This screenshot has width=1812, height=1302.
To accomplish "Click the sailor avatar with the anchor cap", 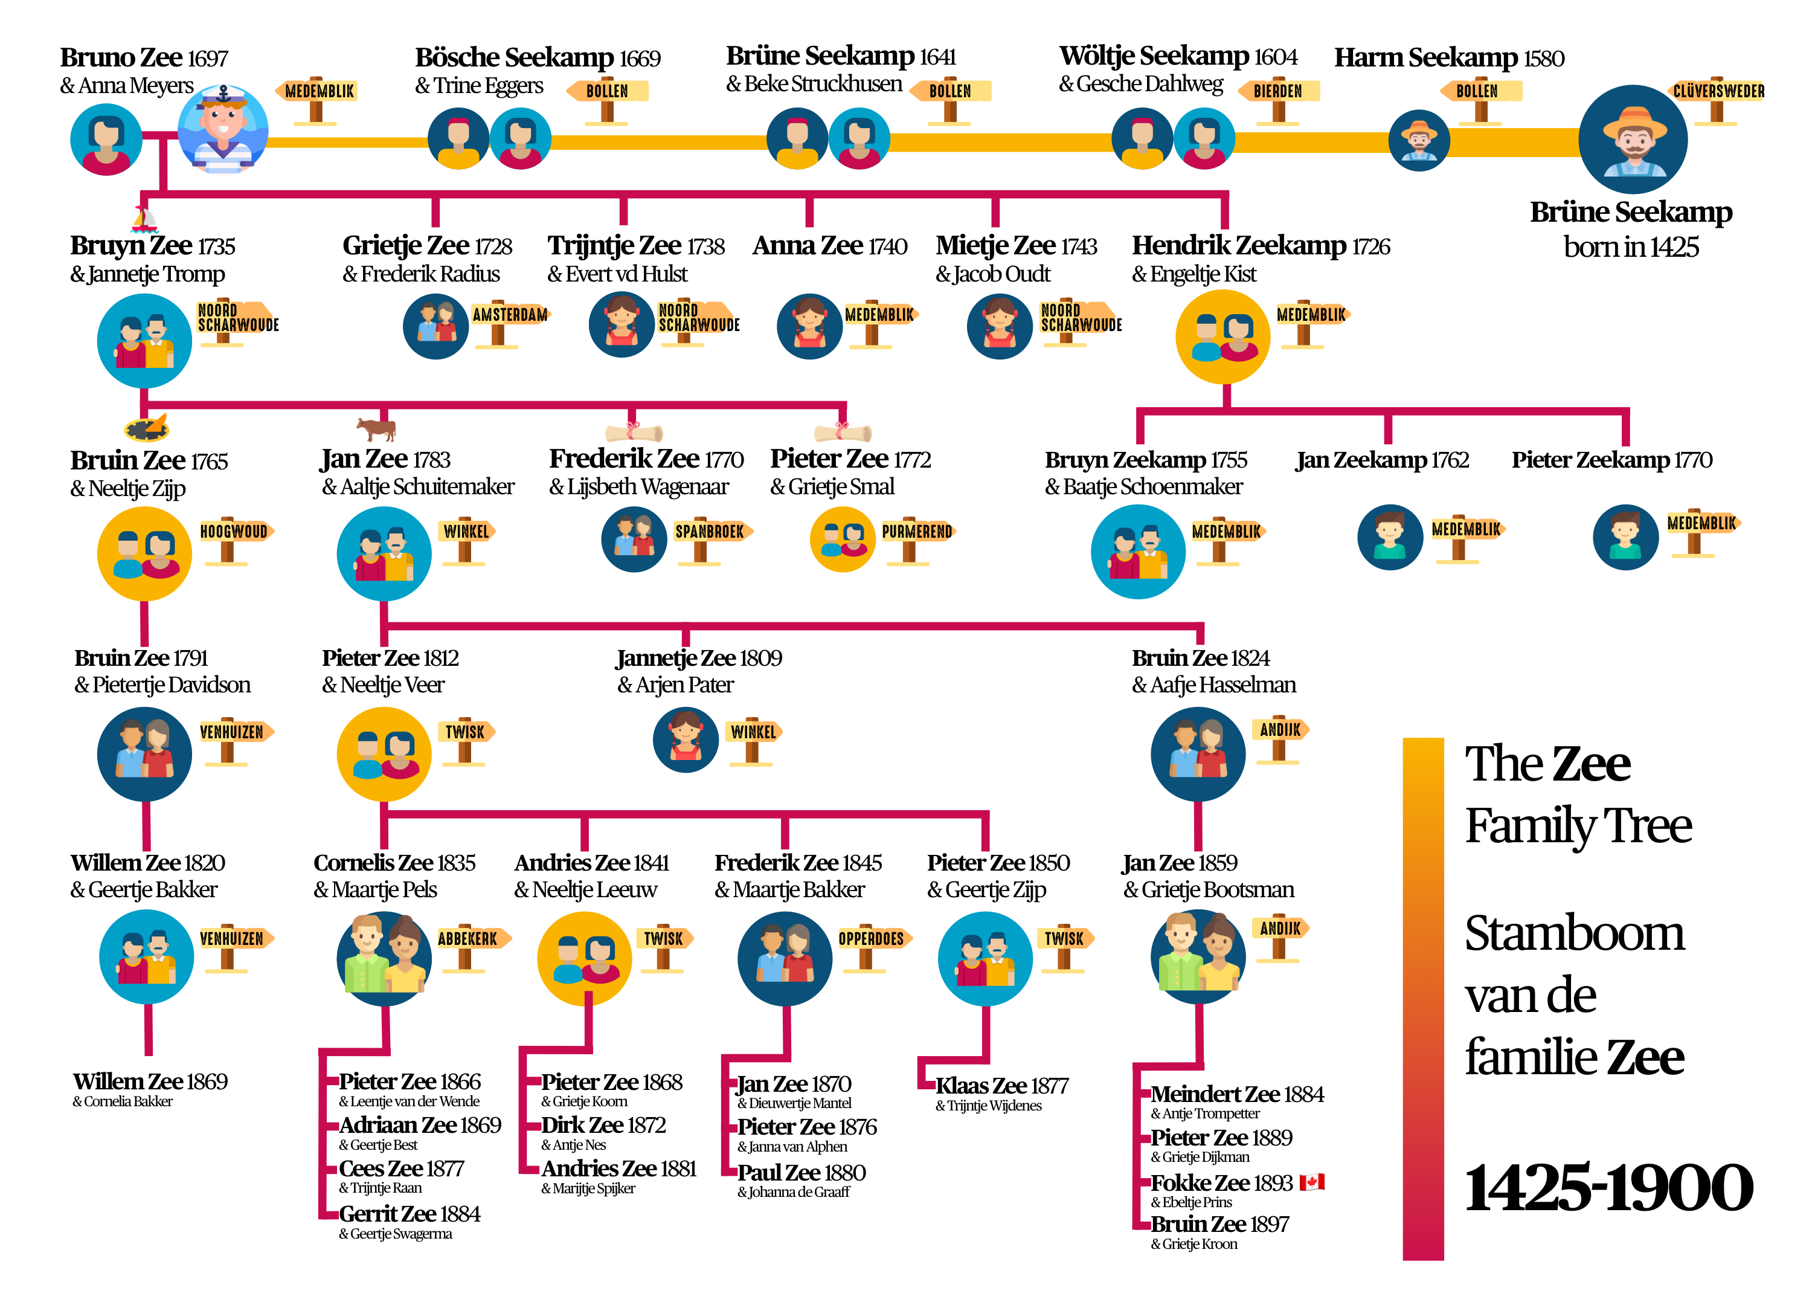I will tap(223, 131).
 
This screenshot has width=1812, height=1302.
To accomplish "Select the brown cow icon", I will tap(376, 428).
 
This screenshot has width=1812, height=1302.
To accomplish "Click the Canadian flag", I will tap(1311, 1181).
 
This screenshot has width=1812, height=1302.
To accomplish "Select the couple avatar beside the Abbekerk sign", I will tap(384, 958).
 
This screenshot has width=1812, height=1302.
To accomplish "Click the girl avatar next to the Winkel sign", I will tap(686, 740).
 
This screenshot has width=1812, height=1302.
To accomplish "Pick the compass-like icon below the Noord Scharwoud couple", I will tap(147, 429).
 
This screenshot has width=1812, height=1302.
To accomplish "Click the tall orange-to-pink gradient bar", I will tap(1423, 999).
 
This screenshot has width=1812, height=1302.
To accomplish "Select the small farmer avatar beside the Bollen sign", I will tap(1419, 141).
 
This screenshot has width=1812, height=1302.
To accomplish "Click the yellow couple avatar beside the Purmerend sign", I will tap(843, 540).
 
